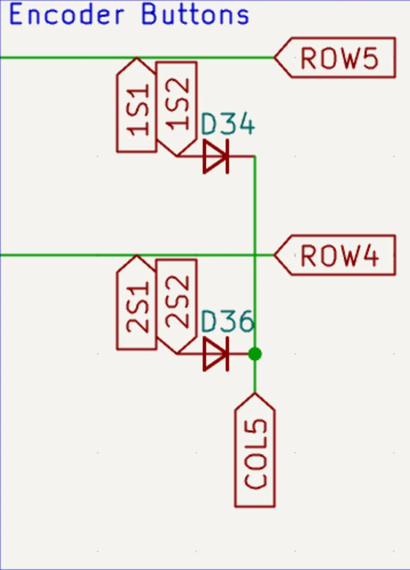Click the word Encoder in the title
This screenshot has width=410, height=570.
(66, 14)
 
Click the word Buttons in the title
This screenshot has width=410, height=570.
(195, 14)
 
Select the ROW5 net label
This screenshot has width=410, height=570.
(339, 58)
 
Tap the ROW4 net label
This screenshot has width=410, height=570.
(339, 255)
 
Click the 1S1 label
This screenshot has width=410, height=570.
(137, 109)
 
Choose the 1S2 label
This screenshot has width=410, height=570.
(177, 105)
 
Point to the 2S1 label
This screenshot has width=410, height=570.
(137, 306)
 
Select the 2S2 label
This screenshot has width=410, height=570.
(177, 302)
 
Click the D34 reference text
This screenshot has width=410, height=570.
(228, 124)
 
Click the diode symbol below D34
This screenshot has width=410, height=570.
(216, 156)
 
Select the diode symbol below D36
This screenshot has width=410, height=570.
(216, 354)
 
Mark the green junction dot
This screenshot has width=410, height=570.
(255, 354)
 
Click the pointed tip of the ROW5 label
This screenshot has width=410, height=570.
(275, 58)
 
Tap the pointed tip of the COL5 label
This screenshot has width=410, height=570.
(255, 394)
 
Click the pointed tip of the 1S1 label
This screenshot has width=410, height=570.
(137, 58)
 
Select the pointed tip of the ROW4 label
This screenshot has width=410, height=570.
(275, 255)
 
